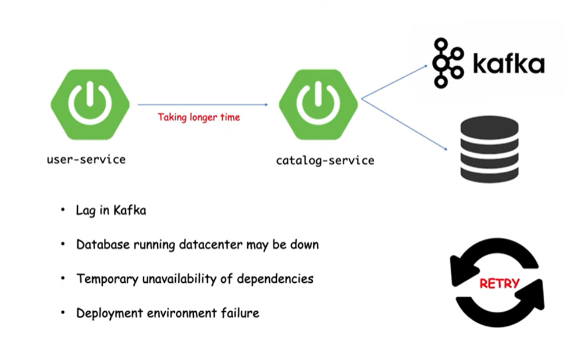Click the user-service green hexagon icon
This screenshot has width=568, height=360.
click(89, 105)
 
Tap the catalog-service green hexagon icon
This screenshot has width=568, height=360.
click(317, 105)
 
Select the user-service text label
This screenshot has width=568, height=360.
click(86, 159)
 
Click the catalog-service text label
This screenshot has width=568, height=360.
click(325, 160)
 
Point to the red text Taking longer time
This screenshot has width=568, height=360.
click(198, 117)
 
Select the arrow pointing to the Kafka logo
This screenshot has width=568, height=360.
click(395, 82)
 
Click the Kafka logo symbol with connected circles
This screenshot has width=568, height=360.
click(448, 62)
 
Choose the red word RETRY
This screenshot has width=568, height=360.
click(498, 284)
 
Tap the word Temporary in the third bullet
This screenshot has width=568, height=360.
click(107, 279)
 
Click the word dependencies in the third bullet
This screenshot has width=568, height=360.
click(275, 279)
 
